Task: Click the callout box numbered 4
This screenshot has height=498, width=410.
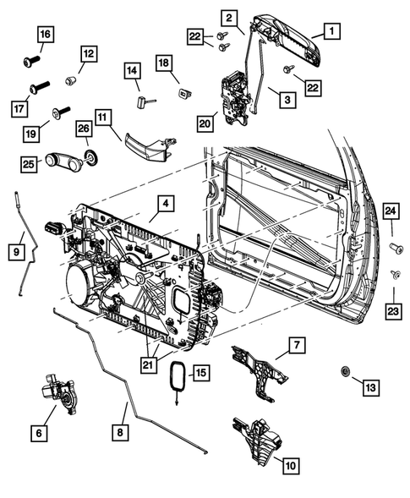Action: pos(165,203)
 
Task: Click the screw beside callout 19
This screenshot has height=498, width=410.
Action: pos(58,111)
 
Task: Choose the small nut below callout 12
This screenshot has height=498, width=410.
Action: pos(71,80)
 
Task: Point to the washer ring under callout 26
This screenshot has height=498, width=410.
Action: pos(91,158)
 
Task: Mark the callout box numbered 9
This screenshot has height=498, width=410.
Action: pos(16,250)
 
